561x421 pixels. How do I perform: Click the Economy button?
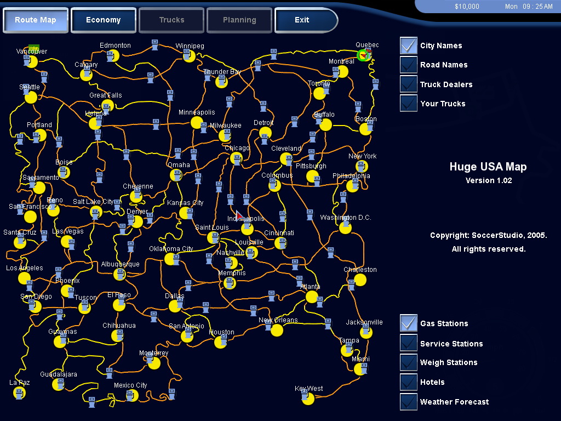pyautogui.click(x=103, y=20)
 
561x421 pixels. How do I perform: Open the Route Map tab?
pyautogui.click(x=35, y=20)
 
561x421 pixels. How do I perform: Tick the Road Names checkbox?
pyautogui.click(x=409, y=65)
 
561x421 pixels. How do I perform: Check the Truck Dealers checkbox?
pyautogui.click(x=409, y=84)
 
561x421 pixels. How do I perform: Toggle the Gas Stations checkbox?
pyautogui.click(x=409, y=323)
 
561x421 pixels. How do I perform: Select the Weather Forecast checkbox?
pyautogui.click(x=409, y=402)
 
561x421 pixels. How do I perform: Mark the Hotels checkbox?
pyautogui.click(x=409, y=382)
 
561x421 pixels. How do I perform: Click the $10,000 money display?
pyautogui.click(x=467, y=7)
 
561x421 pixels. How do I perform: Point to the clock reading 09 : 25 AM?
pyautogui.click(x=529, y=7)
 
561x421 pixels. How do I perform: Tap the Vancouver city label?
pyautogui.click(x=32, y=52)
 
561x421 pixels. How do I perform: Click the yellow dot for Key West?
pyautogui.click(x=308, y=399)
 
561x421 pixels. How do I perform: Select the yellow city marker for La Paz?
pyautogui.click(x=20, y=392)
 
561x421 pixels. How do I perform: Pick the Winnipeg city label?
pyautogui.click(x=190, y=45)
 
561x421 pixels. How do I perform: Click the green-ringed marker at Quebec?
pyautogui.click(x=363, y=55)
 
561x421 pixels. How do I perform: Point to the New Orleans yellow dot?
pyautogui.click(x=277, y=330)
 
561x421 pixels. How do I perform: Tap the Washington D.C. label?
pyautogui.click(x=346, y=218)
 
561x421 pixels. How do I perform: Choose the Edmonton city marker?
pyautogui.click(x=113, y=55)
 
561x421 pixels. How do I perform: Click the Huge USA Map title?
pyautogui.click(x=488, y=167)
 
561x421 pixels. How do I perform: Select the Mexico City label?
pyautogui.click(x=130, y=385)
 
